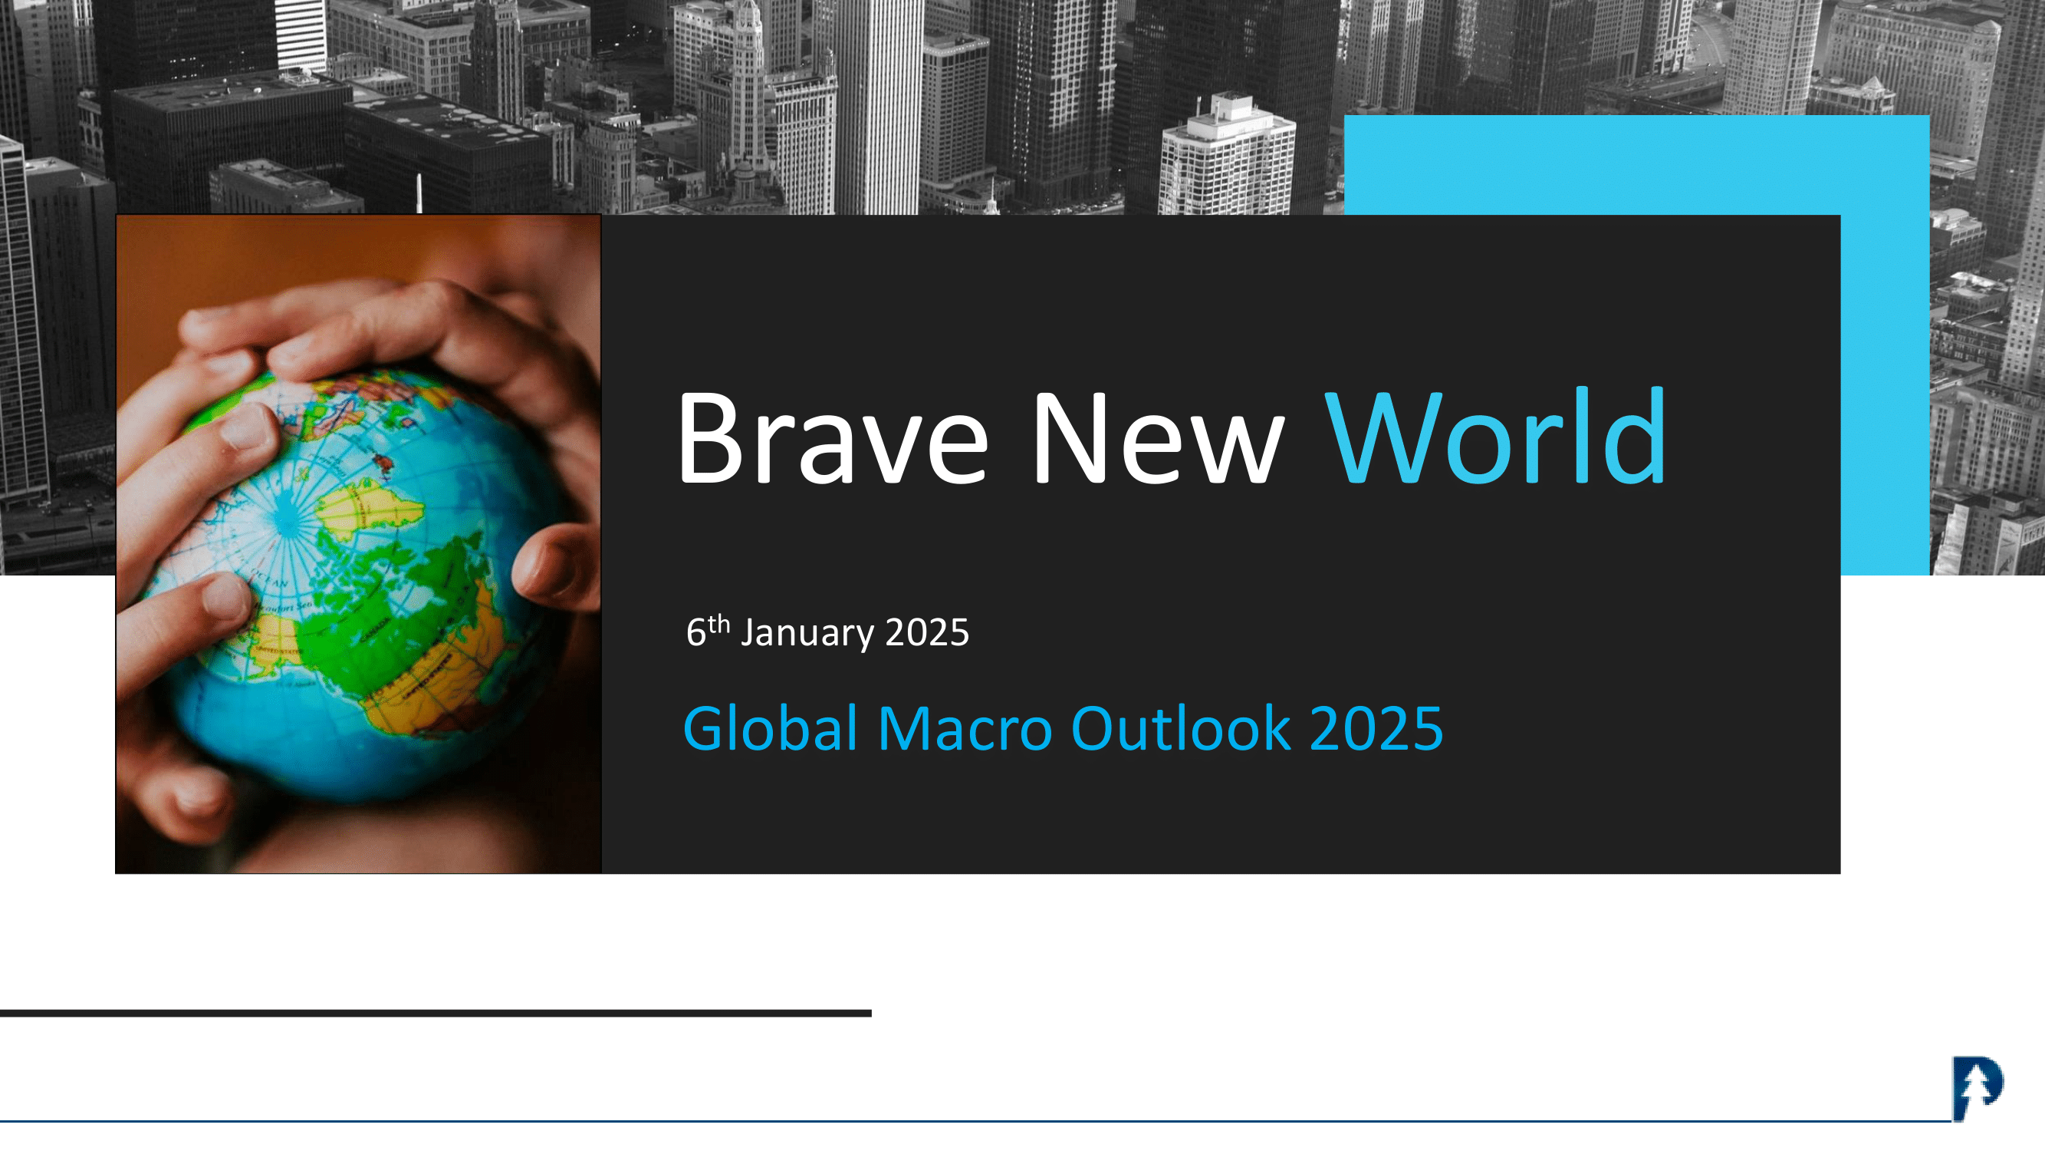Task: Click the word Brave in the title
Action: click(x=833, y=437)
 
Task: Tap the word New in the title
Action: click(x=1156, y=437)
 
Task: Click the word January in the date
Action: click(x=807, y=633)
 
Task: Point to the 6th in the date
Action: click(x=707, y=632)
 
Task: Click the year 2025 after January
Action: click(x=927, y=632)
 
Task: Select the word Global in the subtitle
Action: click(x=770, y=727)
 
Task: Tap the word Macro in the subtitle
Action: click(x=965, y=729)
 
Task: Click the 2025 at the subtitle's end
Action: click(x=1376, y=729)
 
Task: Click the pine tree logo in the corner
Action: click(x=1978, y=1087)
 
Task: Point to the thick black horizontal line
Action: click(x=436, y=1013)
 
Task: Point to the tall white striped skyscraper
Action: click(x=878, y=107)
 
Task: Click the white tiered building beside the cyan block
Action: click(x=1227, y=156)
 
